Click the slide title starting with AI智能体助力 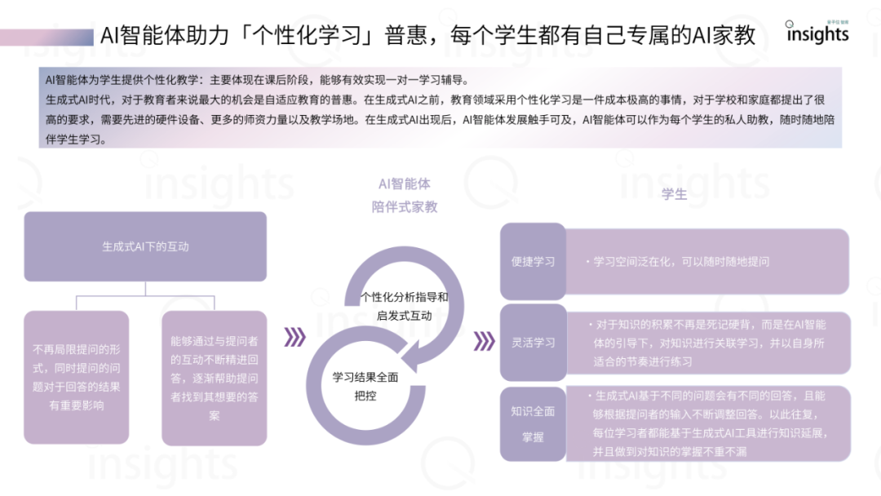tap(428, 35)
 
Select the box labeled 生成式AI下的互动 tap(145, 246)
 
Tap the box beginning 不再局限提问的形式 tap(77, 376)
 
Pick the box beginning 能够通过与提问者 tap(215, 376)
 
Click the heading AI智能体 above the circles tap(404, 185)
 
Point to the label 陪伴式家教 tap(404, 206)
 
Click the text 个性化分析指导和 tap(404, 297)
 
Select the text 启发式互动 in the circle tap(404, 316)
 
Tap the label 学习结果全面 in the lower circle tap(365, 378)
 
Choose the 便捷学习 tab tap(533, 262)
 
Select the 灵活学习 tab tap(533, 343)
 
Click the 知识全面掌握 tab tap(533, 423)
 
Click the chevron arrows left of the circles tap(294, 338)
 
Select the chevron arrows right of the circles tap(484, 339)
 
